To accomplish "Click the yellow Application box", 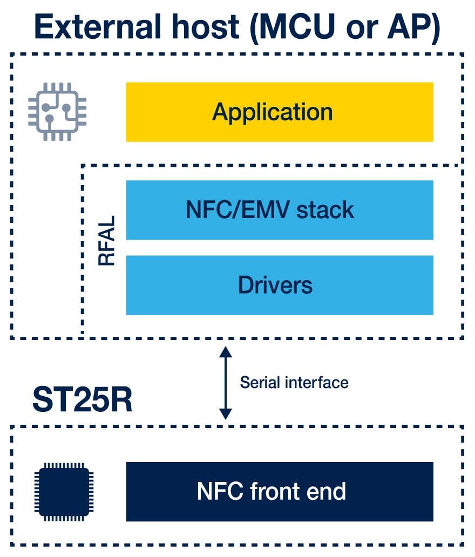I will click(x=280, y=112).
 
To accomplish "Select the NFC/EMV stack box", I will click(x=280, y=209).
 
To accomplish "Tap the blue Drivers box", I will click(x=280, y=285).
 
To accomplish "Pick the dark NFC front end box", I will click(x=280, y=491).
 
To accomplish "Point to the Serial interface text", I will click(x=294, y=383).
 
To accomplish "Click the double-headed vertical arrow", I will click(x=226, y=383).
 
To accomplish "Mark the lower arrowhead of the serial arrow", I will click(x=226, y=414).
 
